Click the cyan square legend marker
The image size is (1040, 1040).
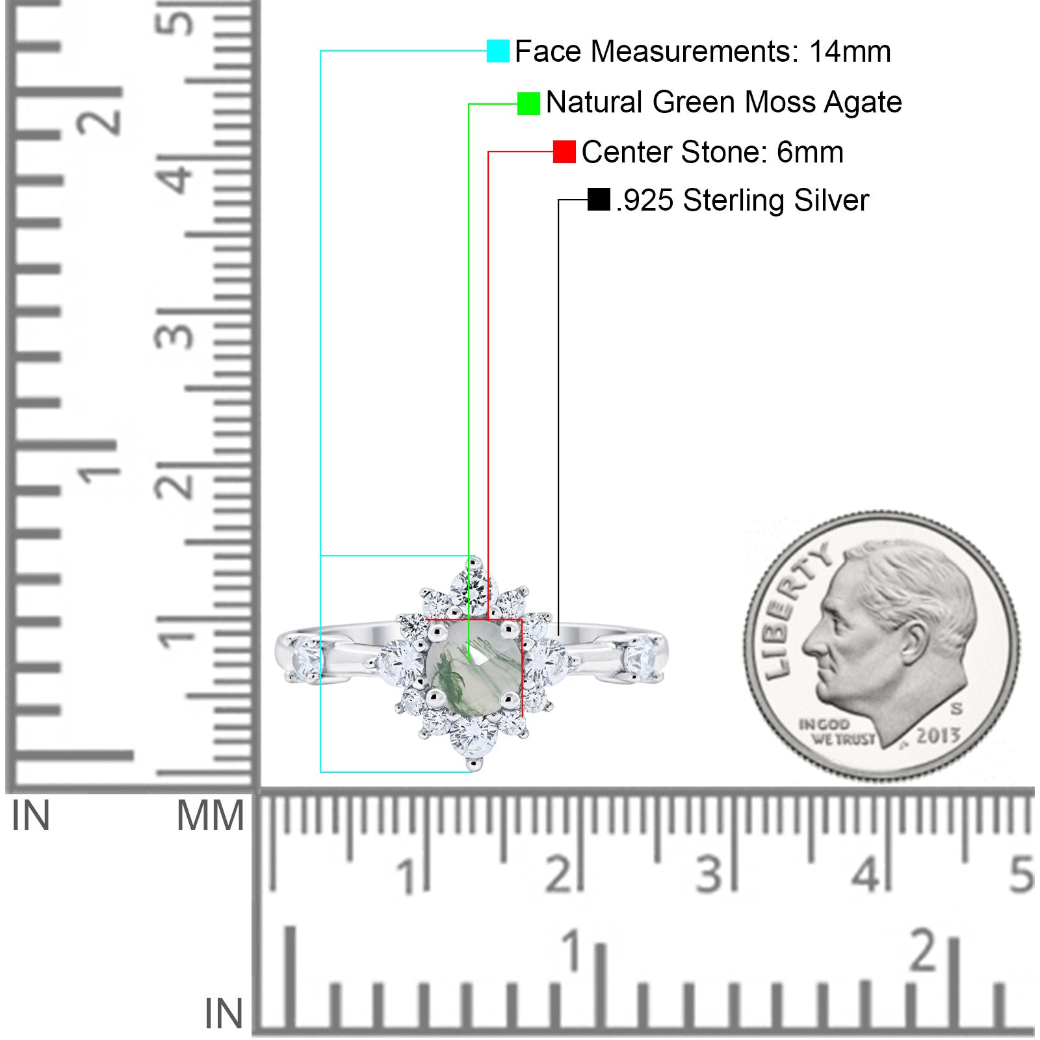click(x=498, y=51)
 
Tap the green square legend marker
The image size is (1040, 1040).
click(x=528, y=103)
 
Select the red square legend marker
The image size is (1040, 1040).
click(x=564, y=152)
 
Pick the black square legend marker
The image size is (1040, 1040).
click(x=599, y=200)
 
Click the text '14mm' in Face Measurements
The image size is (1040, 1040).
click(x=850, y=51)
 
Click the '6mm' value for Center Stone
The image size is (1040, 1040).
click(x=810, y=152)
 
